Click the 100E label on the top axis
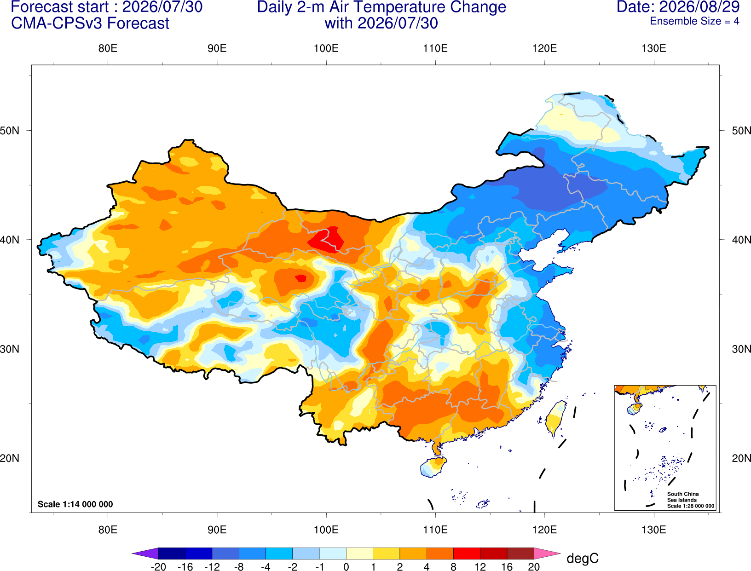pyautogui.click(x=326, y=48)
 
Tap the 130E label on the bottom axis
pyautogui.click(x=653, y=530)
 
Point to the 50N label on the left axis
pyautogui.click(x=10, y=131)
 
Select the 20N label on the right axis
pyautogui.click(x=741, y=458)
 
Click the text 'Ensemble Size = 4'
pyautogui.click(x=694, y=21)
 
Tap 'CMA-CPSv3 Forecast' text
pyautogui.click(x=90, y=23)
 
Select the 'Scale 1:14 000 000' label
pyautogui.click(x=75, y=504)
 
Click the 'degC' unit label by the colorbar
pyautogui.click(x=582, y=558)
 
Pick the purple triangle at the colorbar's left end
pyautogui.click(x=147, y=553)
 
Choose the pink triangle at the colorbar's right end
pyautogui.click(x=546, y=553)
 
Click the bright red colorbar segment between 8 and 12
pyautogui.click(x=467, y=553)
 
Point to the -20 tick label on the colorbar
pyautogui.click(x=158, y=567)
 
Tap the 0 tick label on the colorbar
pyautogui.click(x=346, y=567)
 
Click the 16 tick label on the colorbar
pyautogui.click(x=507, y=567)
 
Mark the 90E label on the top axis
pyautogui.click(x=217, y=48)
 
